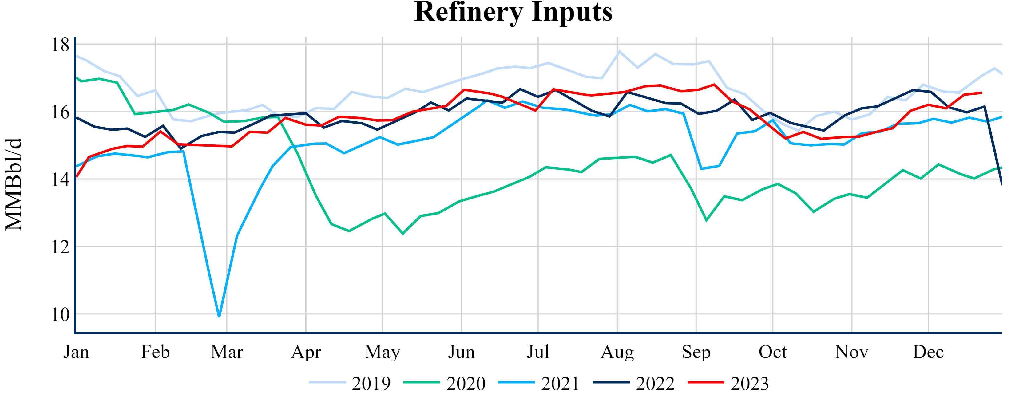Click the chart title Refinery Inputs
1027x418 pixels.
pos(513,12)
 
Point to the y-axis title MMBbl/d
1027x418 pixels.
pos(14,184)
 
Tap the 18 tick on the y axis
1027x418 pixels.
pos(60,45)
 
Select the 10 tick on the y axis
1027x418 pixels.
pos(60,314)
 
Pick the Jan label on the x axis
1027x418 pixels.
pos(76,352)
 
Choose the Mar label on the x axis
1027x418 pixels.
pos(227,352)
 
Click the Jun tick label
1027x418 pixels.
pos(461,352)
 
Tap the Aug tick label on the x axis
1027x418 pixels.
pos(617,352)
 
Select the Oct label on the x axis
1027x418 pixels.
pos(773,352)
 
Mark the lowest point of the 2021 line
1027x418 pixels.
pos(219,316)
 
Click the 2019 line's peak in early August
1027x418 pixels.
pos(619,51)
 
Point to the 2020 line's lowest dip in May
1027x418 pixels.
pos(403,234)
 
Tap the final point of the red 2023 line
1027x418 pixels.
pos(981,93)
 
